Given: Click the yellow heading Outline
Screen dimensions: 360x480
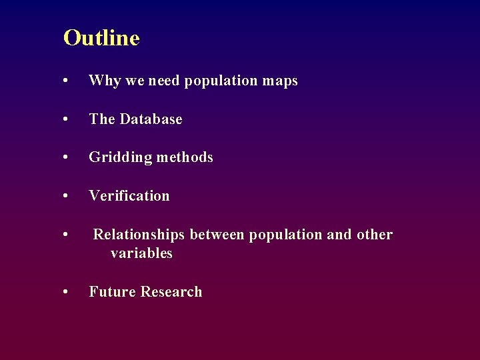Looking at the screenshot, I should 101,38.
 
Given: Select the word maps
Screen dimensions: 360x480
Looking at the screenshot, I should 280,81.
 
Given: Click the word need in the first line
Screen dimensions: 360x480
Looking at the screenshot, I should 164,81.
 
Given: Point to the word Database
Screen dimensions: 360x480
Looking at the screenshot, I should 151,119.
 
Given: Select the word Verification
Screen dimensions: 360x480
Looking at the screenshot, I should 129,196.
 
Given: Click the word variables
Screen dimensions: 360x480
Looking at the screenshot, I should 141,253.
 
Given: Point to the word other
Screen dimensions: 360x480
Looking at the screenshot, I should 375,235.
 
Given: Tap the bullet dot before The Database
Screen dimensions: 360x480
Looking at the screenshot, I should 65,120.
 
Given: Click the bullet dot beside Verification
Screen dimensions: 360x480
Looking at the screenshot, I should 65,197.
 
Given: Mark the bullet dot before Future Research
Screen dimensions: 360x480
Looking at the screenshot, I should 65,293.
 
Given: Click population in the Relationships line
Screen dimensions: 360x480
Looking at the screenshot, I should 285,235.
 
